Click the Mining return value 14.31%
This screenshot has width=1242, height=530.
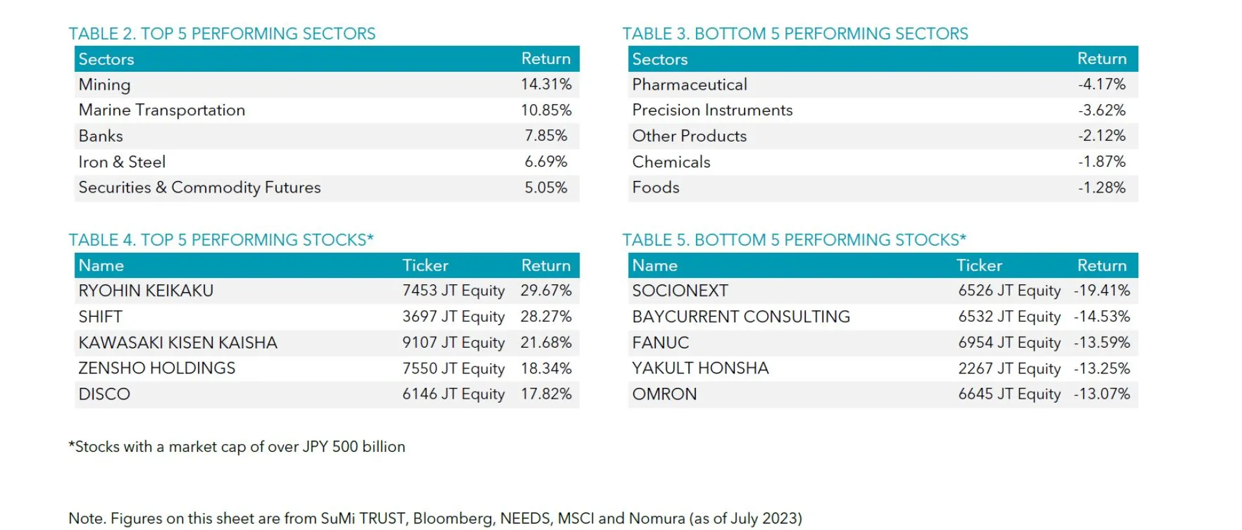pos(546,84)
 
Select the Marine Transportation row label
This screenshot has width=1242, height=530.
pos(162,110)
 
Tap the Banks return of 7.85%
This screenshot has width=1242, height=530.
pos(546,136)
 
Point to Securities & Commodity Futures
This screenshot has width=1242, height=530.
pos(199,187)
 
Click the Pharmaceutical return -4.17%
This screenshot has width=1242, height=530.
pos(1102,84)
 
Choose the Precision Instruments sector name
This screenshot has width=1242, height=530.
pos(712,110)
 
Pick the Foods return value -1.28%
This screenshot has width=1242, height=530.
pos(1102,187)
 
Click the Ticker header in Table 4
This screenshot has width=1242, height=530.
pos(425,265)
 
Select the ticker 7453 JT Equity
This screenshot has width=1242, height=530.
pos(453,291)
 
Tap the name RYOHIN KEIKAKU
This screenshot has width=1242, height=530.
pos(146,291)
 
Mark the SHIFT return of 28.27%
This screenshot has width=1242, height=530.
pos(546,317)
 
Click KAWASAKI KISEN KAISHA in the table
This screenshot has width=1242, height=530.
pos(178,343)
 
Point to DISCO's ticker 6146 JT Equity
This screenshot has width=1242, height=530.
pos(453,394)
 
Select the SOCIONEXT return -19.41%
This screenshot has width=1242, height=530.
pos(1102,291)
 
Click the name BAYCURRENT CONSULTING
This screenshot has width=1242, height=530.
pos(741,317)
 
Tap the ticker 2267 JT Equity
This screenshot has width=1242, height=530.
pos(1009,368)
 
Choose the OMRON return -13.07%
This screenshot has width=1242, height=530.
pos(1102,394)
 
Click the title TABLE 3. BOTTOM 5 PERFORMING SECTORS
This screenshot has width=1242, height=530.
pos(795,34)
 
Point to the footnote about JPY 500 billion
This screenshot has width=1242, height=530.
pos(237,447)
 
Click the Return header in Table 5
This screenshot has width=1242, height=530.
pos(1102,265)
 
